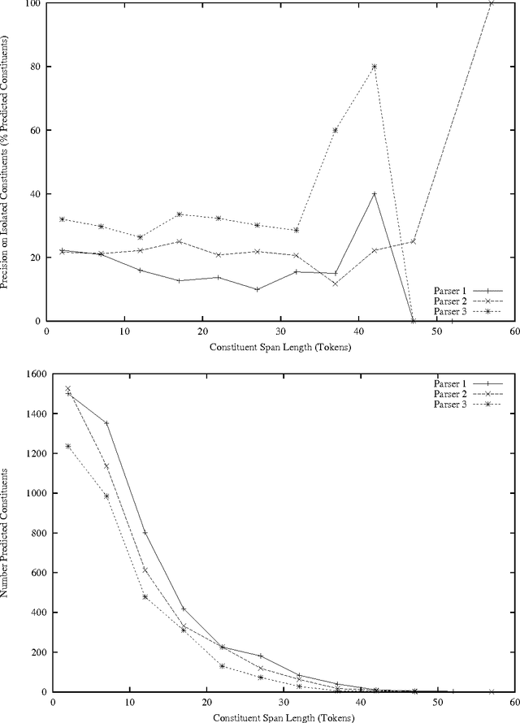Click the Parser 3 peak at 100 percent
[x=491, y=3]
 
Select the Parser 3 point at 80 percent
[x=374, y=67]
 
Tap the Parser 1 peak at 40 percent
[x=374, y=194]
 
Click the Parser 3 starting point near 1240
[x=68, y=446]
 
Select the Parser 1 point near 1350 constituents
[x=106, y=423]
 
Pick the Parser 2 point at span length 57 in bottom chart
[x=491, y=691]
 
